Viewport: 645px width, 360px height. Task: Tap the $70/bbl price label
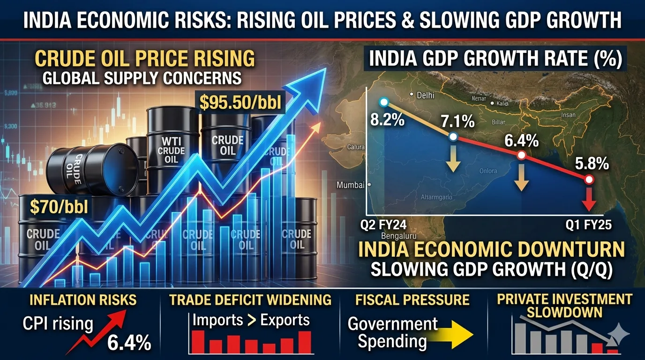[x=59, y=206]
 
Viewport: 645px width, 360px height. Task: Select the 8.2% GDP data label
[x=387, y=120]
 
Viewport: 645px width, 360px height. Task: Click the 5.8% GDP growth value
[x=592, y=164]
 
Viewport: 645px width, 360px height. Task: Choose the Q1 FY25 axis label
[x=589, y=225]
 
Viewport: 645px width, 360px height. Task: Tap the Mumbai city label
[x=351, y=185]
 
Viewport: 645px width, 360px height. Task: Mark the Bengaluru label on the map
[x=399, y=235]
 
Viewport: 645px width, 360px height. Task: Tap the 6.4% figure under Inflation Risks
[x=129, y=343]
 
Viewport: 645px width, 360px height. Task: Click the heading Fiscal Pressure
[x=412, y=300]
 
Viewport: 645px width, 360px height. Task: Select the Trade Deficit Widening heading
[x=250, y=300]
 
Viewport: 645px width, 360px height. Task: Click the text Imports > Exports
[x=251, y=320]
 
